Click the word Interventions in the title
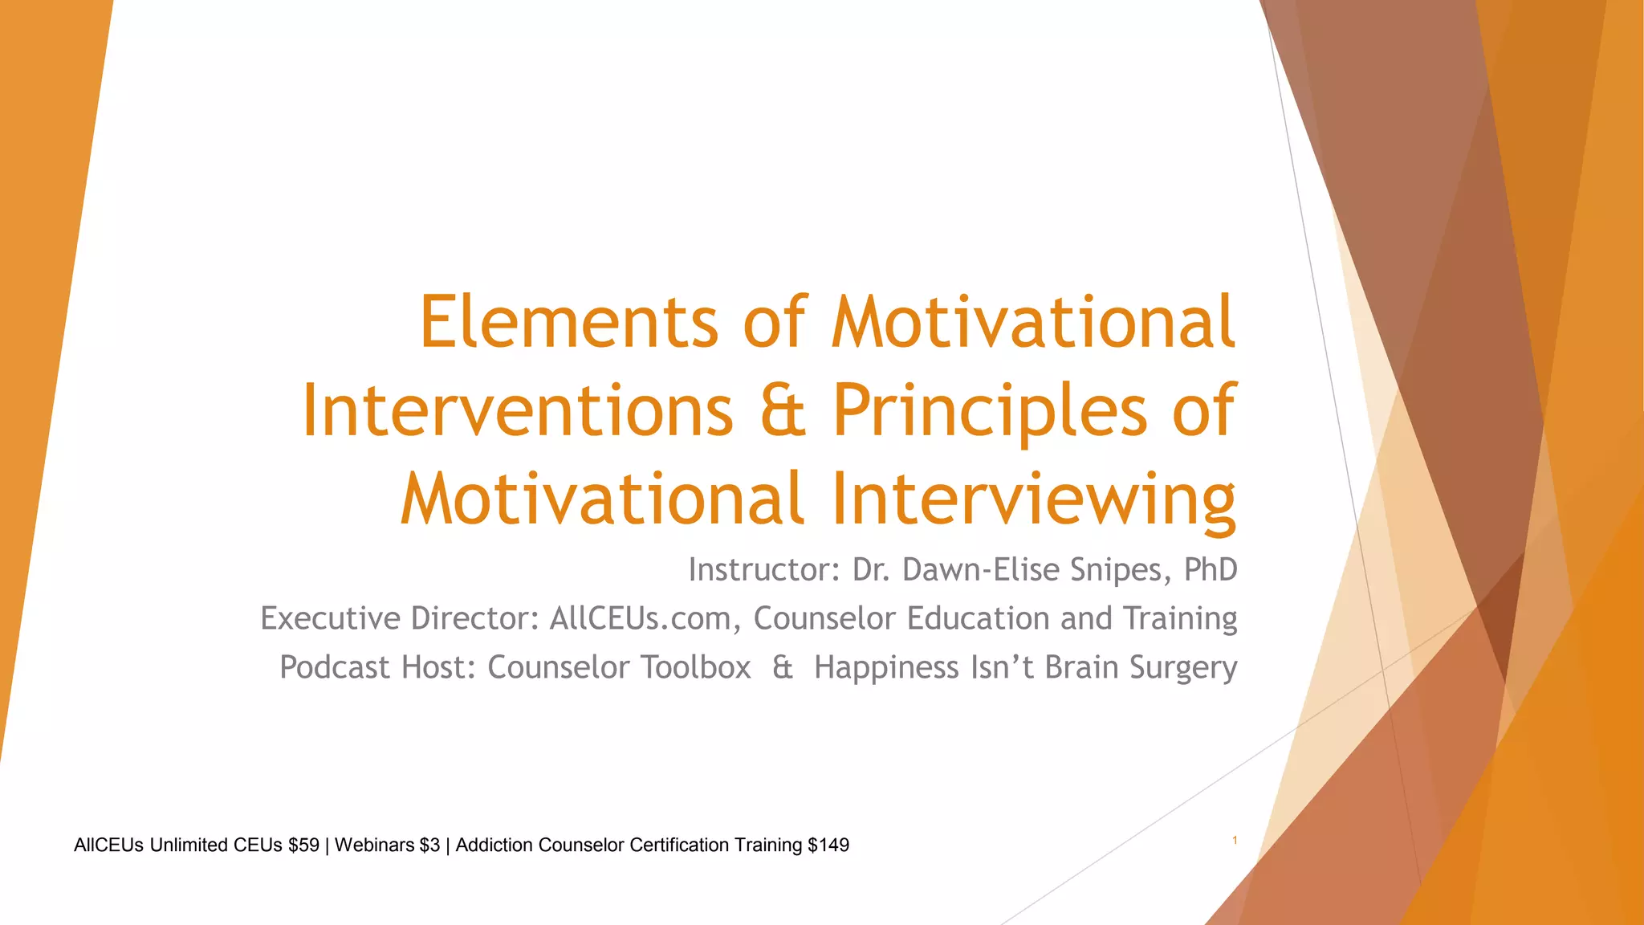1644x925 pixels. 517,411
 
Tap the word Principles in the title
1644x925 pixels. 989,411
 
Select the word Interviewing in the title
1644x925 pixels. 1033,499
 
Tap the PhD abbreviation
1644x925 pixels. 1211,570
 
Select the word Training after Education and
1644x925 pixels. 1180,619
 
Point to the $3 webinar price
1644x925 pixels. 429,846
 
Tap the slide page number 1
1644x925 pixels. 1235,841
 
